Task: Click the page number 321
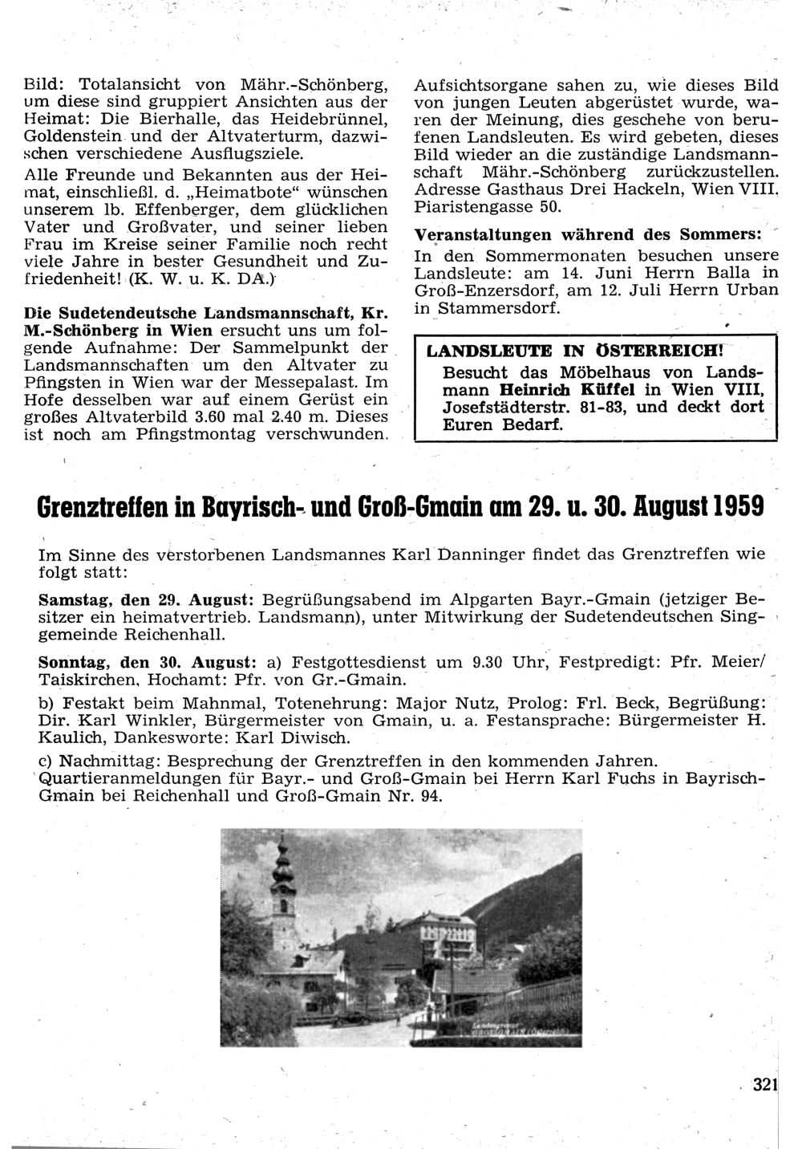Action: click(x=765, y=1085)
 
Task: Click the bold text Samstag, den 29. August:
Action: click(x=147, y=600)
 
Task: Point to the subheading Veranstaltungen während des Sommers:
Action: click(x=589, y=235)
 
